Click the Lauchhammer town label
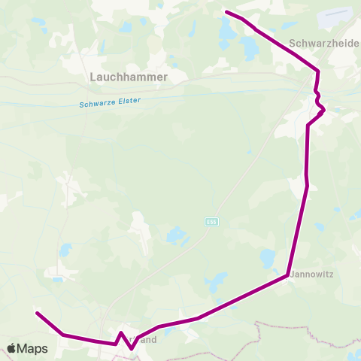(x=128, y=77)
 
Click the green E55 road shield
(x=211, y=222)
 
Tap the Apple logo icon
(x=12, y=348)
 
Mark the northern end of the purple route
(x=226, y=11)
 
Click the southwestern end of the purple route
(x=37, y=313)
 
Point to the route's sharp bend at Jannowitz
(x=288, y=275)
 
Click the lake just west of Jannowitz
(x=268, y=259)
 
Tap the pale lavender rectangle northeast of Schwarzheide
(x=336, y=16)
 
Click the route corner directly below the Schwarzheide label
(x=319, y=71)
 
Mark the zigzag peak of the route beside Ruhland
(x=121, y=332)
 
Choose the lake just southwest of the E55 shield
(x=176, y=237)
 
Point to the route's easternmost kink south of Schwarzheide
(x=324, y=111)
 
